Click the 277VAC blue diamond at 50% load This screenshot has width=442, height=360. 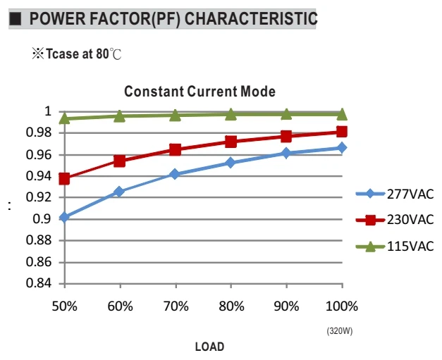pos(64,217)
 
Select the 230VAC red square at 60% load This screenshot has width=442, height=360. pos(120,161)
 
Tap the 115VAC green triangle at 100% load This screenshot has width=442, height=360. pos(342,114)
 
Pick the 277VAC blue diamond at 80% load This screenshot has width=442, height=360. pos(231,163)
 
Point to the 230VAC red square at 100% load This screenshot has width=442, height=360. pos(342,132)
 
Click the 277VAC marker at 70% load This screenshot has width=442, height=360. pos(175,174)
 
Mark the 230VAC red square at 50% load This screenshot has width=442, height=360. pos(64,179)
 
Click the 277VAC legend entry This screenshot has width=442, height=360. pos(395,194)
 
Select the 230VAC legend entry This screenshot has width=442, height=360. pos(395,220)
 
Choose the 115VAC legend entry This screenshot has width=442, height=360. pos(395,247)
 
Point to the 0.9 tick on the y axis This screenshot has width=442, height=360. pos(42,218)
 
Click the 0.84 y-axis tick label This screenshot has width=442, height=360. pos(39,283)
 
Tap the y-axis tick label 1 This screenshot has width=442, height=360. pos(48,111)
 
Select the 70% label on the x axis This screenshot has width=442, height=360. pos(176,306)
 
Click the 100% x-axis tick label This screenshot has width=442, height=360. pos(342,306)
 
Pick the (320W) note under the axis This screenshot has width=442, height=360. pos(340,331)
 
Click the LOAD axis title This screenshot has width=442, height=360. pos(210,347)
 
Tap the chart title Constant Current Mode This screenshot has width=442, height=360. pos(200,92)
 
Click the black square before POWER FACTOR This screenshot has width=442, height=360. pos(15,19)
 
